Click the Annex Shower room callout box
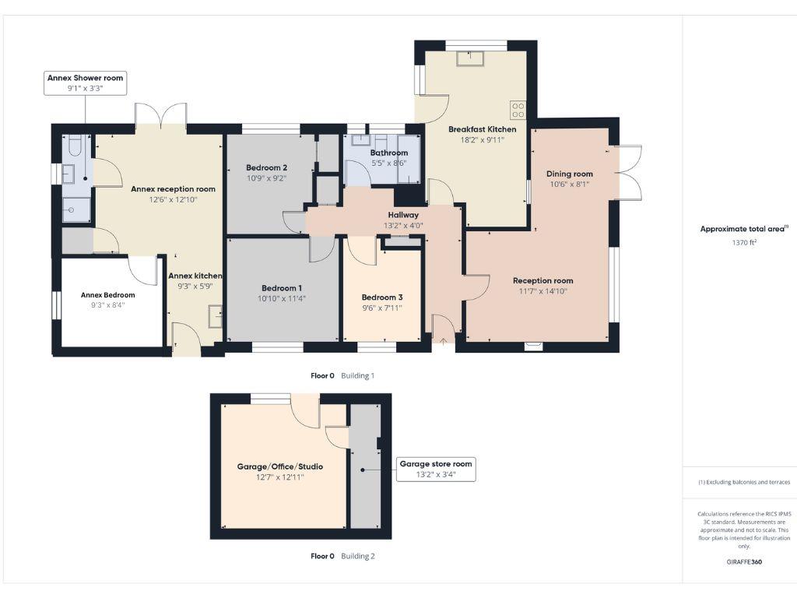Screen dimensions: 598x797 point(85,83)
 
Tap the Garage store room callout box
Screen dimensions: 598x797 point(436,469)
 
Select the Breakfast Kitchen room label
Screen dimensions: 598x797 point(482,129)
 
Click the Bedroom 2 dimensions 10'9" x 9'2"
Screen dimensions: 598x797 point(267,178)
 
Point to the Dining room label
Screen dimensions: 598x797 point(570,174)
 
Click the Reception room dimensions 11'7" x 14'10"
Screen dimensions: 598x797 point(543,291)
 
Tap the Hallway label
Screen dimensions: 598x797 point(403,215)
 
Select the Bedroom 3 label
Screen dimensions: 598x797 point(382,297)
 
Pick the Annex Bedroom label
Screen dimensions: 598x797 point(108,295)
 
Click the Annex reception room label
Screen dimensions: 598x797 point(173,188)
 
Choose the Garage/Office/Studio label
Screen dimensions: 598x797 point(280,466)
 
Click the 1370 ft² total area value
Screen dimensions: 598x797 point(744,242)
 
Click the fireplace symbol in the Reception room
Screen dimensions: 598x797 point(533,346)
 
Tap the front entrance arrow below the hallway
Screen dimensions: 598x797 point(443,339)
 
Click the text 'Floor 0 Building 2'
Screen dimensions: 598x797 point(342,556)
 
